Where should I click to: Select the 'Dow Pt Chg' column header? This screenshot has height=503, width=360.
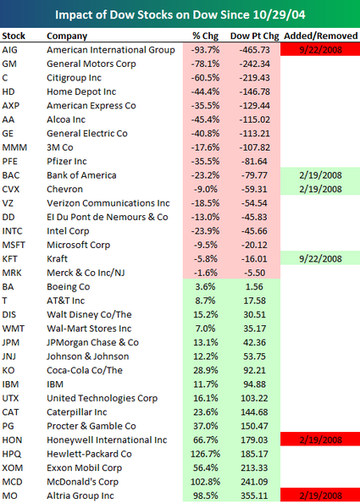pyautogui.click(x=254, y=36)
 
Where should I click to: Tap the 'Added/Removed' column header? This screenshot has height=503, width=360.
pyautogui.click(x=320, y=36)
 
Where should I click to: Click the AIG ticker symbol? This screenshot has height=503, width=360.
pyautogui.click(x=9, y=50)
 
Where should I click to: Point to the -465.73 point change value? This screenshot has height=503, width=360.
pyautogui.click(x=254, y=50)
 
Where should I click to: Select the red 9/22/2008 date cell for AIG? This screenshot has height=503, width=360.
pyautogui.click(x=320, y=50)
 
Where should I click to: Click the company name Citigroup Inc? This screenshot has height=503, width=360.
pyautogui.click(x=75, y=78)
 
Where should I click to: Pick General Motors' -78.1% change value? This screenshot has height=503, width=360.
pyautogui.click(x=205, y=64)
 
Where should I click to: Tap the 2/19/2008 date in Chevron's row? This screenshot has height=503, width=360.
pyautogui.click(x=320, y=190)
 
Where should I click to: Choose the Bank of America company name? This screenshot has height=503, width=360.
pyautogui.click(x=81, y=175)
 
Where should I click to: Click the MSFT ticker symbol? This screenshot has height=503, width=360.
pyautogui.click(x=14, y=245)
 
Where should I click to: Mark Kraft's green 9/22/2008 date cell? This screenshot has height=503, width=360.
pyautogui.click(x=320, y=259)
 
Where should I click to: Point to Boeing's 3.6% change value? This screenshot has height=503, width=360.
pyautogui.click(x=205, y=287)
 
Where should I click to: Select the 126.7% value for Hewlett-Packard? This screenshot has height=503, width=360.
pyautogui.click(x=205, y=454)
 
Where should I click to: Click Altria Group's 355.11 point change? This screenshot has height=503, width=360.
pyautogui.click(x=254, y=495)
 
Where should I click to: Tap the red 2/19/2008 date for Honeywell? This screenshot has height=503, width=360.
pyautogui.click(x=320, y=439)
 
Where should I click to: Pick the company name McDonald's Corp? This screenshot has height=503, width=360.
pyautogui.click(x=82, y=482)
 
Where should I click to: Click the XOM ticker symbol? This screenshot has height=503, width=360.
pyautogui.click(x=13, y=467)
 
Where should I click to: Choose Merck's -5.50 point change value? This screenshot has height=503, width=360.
pyautogui.click(x=254, y=273)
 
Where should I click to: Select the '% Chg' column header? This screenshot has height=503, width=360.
pyautogui.click(x=205, y=36)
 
